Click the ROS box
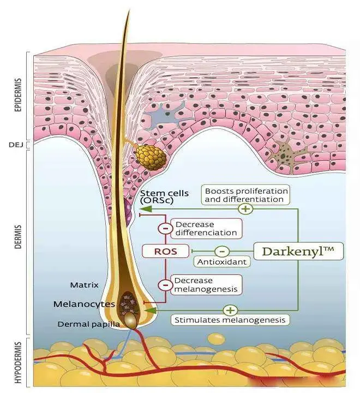pyautogui.click(x=165, y=251)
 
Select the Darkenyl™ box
pyautogui.click(x=298, y=251)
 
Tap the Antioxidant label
pyautogui.click(x=221, y=262)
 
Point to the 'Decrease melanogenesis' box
pyautogui.click(x=206, y=284)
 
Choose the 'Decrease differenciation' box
pyautogui.click(x=206, y=229)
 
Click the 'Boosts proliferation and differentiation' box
pyautogui.click(x=245, y=195)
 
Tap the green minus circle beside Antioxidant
pyautogui.click(x=221, y=251)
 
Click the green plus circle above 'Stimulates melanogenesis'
pyautogui.click(x=230, y=310)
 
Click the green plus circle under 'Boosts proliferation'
pyautogui.click(x=246, y=209)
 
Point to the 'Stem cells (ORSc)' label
pyautogui.click(x=164, y=197)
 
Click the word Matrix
pyautogui.click(x=84, y=285)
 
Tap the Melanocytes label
pyautogui.click(x=84, y=304)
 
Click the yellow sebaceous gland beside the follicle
pyautogui.click(x=149, y=157)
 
